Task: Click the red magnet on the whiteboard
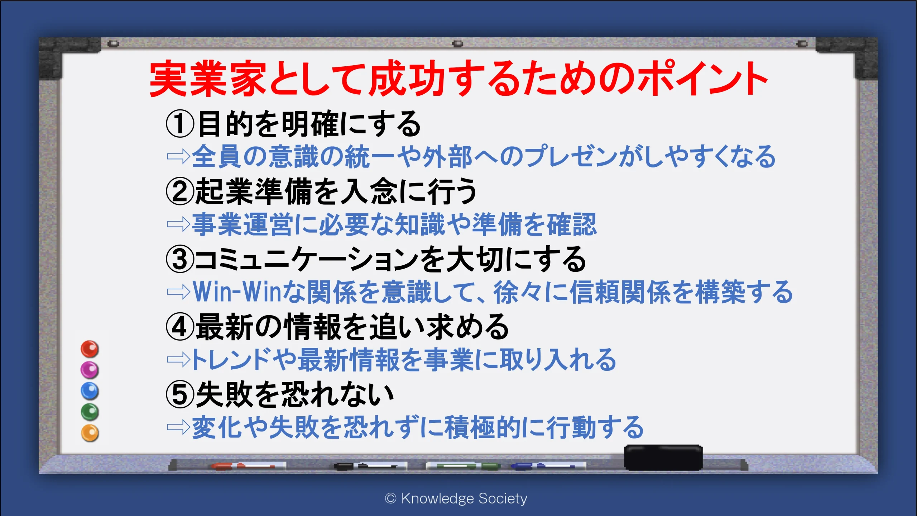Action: coord(90,349)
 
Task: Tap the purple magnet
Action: coord(90,370)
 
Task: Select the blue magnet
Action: coord(90,391)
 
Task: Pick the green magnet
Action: coord(90,412)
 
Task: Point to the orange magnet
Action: coord(90,433)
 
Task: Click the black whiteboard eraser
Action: coord(663,458)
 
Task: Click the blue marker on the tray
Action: coord(548,466)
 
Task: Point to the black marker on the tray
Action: coord(370,466)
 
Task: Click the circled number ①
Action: coord(180,124)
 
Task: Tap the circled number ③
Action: coord(180,259)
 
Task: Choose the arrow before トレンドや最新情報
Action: coord(178,359)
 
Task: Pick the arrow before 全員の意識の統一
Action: coord(178,156)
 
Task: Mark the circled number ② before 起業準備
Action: coord(180,191)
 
